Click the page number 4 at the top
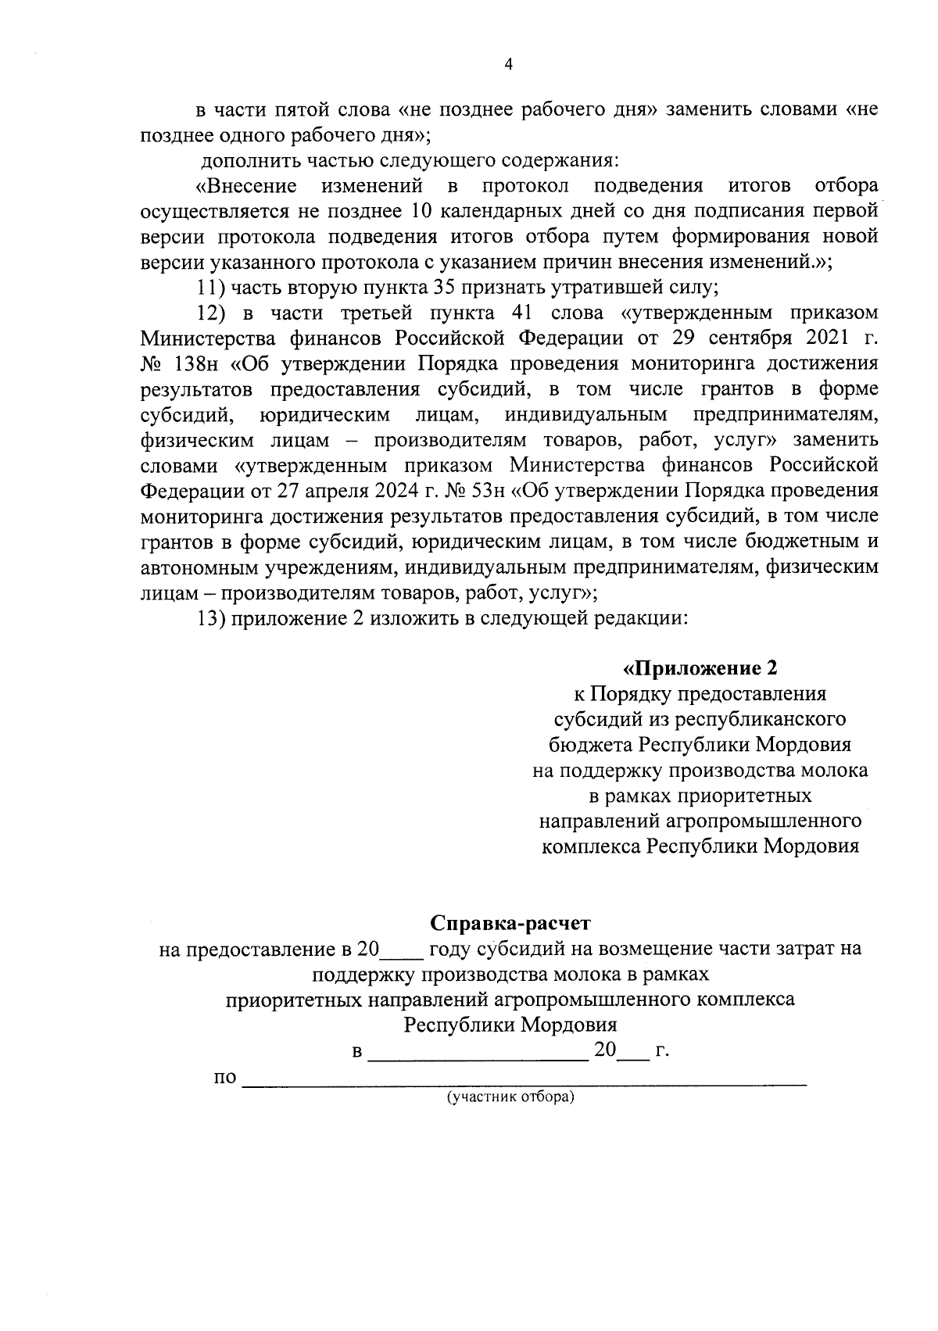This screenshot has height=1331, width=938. click(508, 65)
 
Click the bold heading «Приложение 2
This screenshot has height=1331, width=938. click(700, 668)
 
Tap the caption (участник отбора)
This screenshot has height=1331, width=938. click(510, 1097)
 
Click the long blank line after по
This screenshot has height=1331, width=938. click(524, 1081)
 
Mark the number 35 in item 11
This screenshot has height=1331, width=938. click(446, 288)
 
